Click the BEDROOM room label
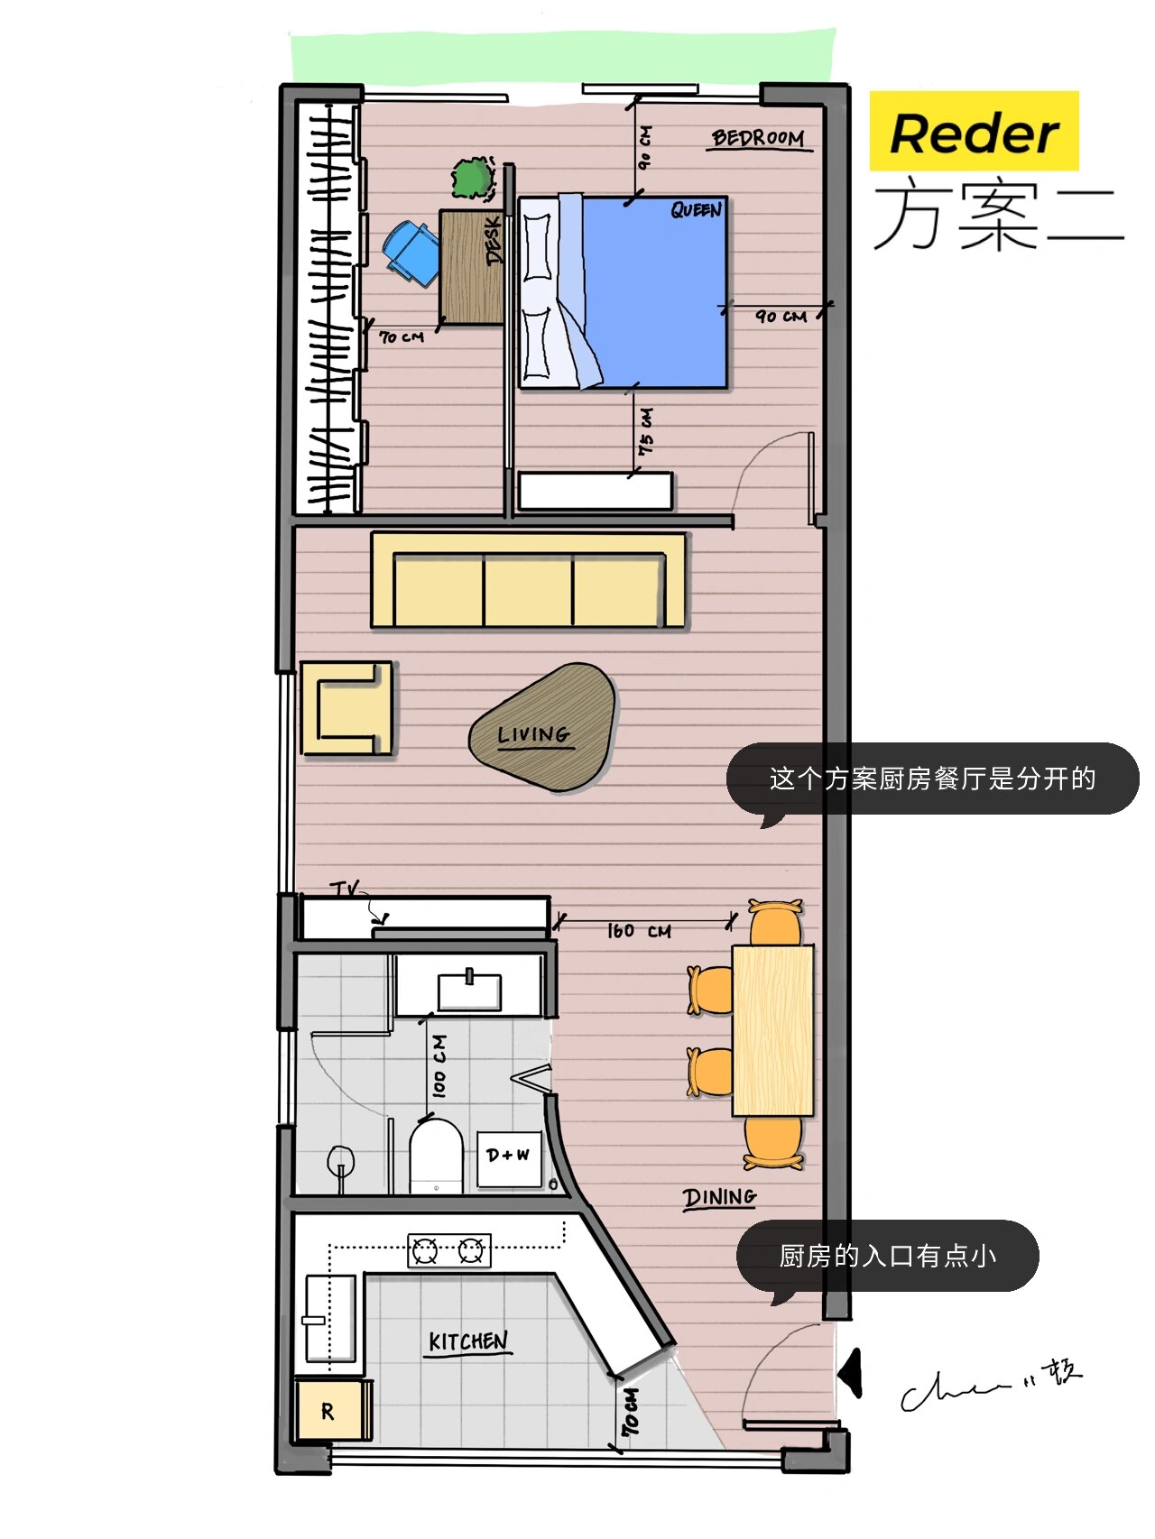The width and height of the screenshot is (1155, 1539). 757,138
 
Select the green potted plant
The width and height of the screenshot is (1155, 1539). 472,178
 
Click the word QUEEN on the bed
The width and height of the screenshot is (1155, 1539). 696,210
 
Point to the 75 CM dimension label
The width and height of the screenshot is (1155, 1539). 646,431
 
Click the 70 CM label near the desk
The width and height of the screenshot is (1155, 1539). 402,337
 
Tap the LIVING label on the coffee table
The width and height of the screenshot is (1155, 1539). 533,734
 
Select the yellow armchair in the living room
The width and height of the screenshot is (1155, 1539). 347,708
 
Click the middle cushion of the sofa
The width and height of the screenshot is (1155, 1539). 528,591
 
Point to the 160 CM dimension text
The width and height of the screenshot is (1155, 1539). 639,931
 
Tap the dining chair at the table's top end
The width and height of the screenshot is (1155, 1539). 775,922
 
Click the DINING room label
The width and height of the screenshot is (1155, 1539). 719,1197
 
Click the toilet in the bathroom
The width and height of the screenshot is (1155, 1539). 436,1157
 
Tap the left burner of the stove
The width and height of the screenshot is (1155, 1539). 425,1251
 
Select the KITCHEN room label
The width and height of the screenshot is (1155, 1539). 468,1341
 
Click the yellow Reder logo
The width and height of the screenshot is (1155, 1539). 974,132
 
